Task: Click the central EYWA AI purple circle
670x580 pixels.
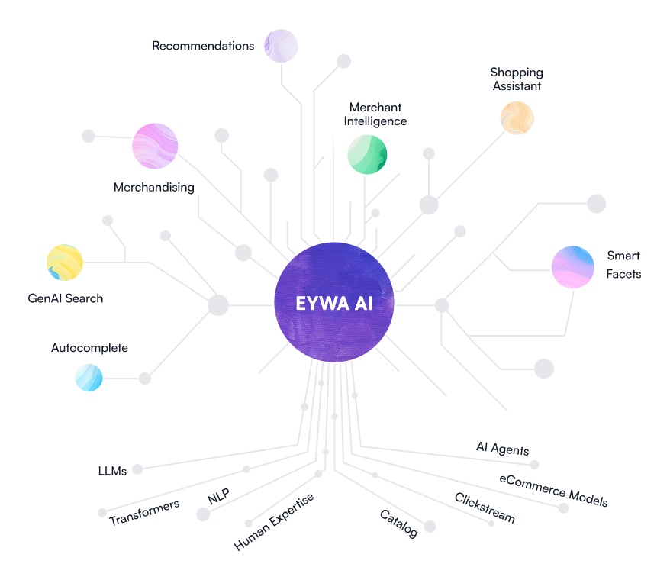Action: pyautogui.click(x=334, y=302)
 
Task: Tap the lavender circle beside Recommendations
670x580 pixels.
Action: pyautogui.click(x=281, y=46)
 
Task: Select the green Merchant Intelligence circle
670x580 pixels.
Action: pyautogui.click(x=367, y=154)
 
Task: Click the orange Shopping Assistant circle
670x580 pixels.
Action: pyautogui.click(x=517, y=118)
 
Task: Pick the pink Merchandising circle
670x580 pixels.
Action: pyautogui.click(x=155, y=146)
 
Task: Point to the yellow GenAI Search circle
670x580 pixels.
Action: pyautogui.click(x=64, y=263)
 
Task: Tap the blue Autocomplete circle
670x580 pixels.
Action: pyautogui.click(x=89, y=378)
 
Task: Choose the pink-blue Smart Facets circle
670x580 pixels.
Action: pyautogui.click(x=573, y=267)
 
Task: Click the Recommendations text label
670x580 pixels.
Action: pyautogui.click(x=203, y=46)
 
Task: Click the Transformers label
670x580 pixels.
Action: pyautogui.click(x=144, y=512)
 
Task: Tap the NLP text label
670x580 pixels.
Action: pyautogui.click(x=219, y=497)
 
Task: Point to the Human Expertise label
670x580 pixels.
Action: pyautogui.click(x=274, y=522)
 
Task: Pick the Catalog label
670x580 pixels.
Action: pyautogui.click(x=399, y=524)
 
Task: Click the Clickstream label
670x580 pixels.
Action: pyautogui.click(x=485, y=508)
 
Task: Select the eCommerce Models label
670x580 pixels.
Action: pyautogui.click(x=554, y=491)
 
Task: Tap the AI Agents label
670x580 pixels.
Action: pyautogui.click(x=502, y=449)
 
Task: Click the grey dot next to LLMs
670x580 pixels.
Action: pyautogui.click(x=137, y=469)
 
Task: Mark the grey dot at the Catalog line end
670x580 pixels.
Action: pyautogui.click(x=430, y=527)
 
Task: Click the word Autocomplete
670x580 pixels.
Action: pyautogui.click(x=89, y=348)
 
